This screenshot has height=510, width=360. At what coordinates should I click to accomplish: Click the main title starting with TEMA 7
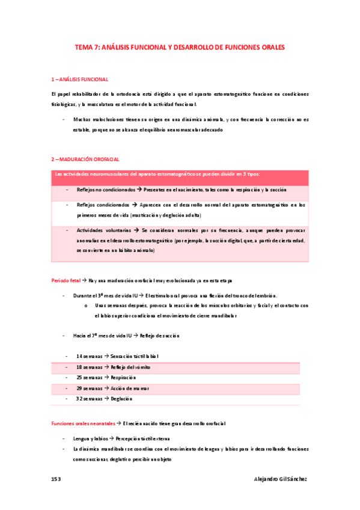(179, 46)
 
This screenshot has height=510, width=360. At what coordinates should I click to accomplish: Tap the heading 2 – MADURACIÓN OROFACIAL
(85, 159)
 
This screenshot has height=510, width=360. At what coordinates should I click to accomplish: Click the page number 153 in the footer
(56, 479)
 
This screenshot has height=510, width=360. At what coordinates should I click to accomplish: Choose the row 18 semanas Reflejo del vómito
(113, 367)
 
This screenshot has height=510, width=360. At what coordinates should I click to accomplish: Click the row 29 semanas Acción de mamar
(112, 388)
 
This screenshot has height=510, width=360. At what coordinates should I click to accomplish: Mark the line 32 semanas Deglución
(104, 399)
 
